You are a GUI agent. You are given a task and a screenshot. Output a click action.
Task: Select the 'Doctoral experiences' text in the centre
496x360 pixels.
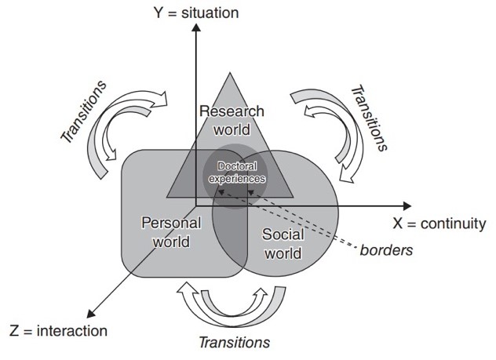[x=235, y=173]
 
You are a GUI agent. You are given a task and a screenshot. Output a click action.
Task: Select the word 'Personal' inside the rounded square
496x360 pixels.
[x=171, y=224]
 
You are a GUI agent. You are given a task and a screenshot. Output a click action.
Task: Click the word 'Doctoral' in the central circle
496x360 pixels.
[x=235, y=167]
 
